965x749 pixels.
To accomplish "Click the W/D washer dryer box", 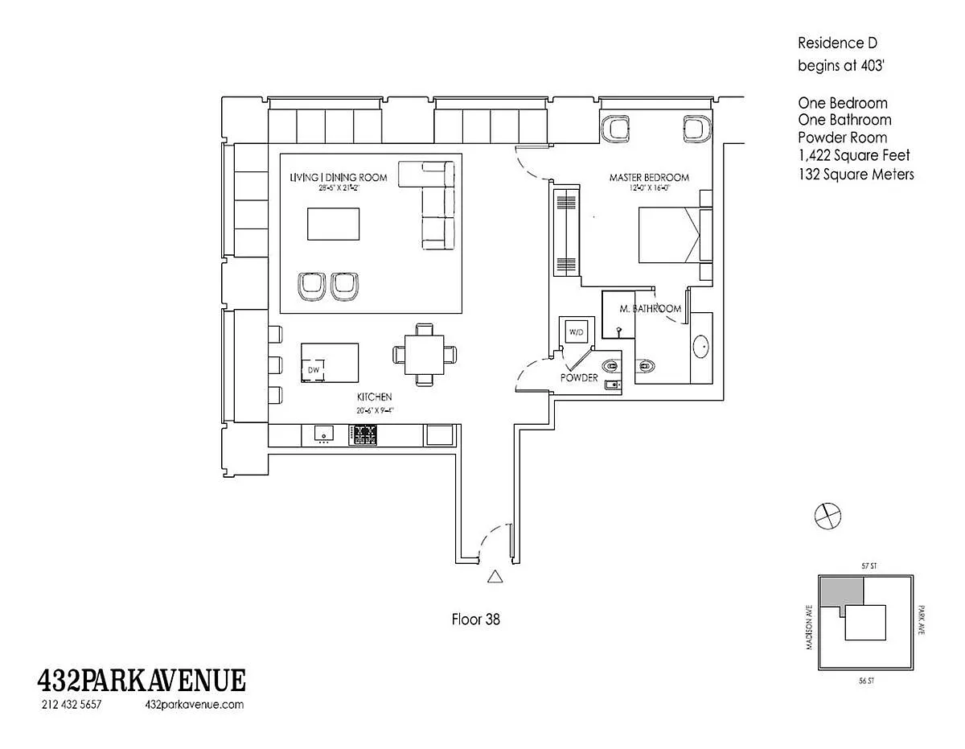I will point(576,331).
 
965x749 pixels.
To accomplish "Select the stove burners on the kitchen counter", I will point(363,434).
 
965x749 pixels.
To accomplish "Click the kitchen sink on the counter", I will point(324,434).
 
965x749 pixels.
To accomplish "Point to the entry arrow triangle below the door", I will point(495,575).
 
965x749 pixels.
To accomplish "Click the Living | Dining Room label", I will point(339,177).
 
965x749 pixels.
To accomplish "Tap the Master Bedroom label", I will point(649,177).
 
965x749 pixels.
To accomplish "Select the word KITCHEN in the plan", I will point(374,397).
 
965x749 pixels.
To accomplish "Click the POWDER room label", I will point(579,377).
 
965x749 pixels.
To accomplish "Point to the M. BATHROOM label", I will point(651,309).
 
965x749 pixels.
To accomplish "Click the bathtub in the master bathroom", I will point(702,347).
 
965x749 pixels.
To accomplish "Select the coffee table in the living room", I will point(333,223).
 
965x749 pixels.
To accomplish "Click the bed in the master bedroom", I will point(669,235).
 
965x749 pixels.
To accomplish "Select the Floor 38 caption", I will point(476,619).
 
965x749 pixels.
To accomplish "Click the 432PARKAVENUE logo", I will point(142,681).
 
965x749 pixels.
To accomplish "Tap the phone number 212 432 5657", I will point(71,705).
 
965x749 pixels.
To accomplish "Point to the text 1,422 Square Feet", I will point(854,155).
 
